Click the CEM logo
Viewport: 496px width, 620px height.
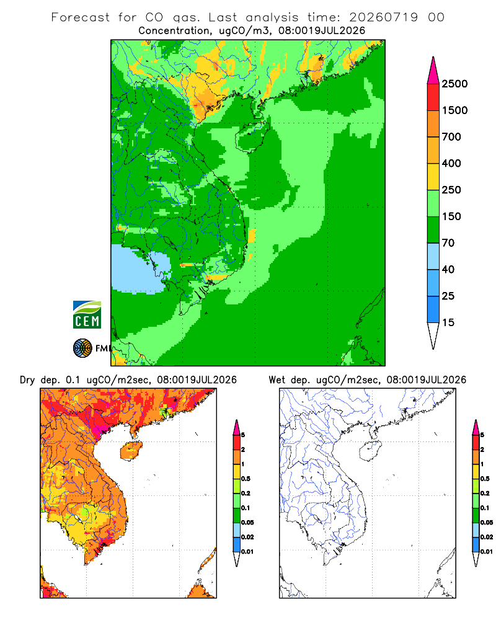(x=87, y=314)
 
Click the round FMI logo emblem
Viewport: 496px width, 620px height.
(x=82, y=348)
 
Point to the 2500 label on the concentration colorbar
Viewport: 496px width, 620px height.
(x=454, y=84)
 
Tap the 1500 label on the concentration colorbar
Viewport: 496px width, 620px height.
(x=454, y=110)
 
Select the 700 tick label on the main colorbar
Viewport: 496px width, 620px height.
(x=451, y=137)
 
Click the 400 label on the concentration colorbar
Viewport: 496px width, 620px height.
(x=451, y=163)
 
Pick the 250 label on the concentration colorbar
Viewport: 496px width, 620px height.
(x=451, y=190)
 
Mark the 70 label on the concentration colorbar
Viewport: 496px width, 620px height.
(x=448, y=243)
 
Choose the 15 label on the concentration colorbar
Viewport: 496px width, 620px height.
(x=448, y=322)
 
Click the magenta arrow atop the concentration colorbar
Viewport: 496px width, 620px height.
(x=433, y=71)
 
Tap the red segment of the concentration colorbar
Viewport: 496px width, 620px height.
(x=433, y=97)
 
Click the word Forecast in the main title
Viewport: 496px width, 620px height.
(x=81, y=17)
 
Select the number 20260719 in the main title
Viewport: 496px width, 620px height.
(x=383, y=17)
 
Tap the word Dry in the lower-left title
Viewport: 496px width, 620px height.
(x=27, y=380)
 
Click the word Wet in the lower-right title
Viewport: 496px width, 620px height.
(x=277, y=380)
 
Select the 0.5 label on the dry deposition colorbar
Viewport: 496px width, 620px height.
(x=246, y=479)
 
